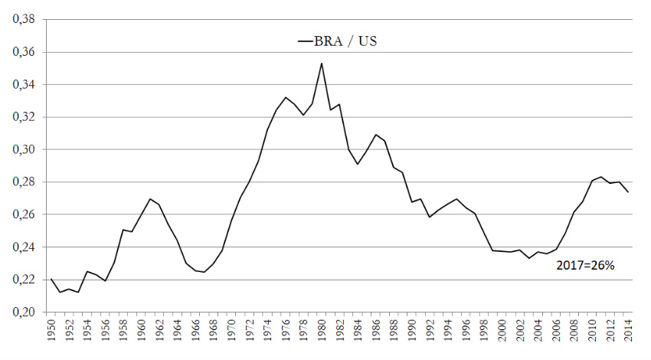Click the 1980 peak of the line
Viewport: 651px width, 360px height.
pos(322,64)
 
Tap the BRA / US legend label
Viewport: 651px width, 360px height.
pos(345,41)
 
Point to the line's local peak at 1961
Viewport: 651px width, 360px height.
pos(150,199)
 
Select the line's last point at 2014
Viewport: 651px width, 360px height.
pos(627,192)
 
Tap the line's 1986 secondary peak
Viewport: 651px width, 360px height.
pos(375,135)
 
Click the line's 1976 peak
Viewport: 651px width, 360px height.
pos(286,97)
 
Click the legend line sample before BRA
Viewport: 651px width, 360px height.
pos(304,42)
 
